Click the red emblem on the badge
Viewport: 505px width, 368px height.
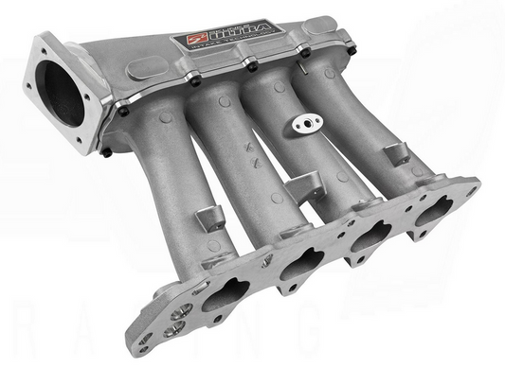pyautogui.click(x=183, y=44)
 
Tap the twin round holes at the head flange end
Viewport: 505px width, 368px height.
pyautogui.click(x=176, y=326)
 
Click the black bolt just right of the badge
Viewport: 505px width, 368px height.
pyautogui.click(x=251, y=64)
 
